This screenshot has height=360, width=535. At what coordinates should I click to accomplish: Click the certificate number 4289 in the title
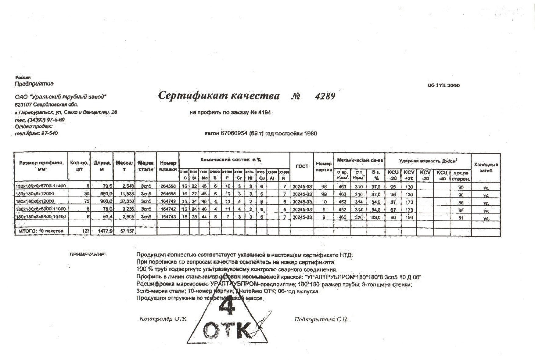tap(325, 96)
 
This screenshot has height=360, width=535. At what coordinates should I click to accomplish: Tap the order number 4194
tap(264, 113)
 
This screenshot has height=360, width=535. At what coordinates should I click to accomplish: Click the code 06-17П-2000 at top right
tap(443, 85)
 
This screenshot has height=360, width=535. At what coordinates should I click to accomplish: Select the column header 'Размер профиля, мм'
tap(41, 166)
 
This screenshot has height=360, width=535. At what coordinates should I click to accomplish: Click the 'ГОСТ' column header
tap(302, 167)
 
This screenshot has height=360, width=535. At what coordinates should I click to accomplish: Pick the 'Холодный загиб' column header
tap(486, 167)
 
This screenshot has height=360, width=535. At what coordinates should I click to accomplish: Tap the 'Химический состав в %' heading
tap(231, 160)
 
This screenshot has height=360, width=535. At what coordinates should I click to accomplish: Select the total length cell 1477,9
tap(105, 231)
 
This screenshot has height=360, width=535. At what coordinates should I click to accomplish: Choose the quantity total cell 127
tap(85, 231)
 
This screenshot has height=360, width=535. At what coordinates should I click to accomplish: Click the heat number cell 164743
tap(168, 217)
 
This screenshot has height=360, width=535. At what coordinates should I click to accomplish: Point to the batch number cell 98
tap(324, 186)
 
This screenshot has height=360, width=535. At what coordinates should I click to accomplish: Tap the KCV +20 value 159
tap(409, 218)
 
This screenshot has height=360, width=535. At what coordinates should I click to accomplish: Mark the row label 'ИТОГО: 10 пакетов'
tap(41, 231)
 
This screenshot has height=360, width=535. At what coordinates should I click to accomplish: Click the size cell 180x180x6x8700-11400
tap(41, 186)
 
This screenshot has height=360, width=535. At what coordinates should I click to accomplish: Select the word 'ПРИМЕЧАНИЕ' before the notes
tap(87, 255)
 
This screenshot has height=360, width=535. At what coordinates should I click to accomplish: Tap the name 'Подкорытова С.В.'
tap(321, 319)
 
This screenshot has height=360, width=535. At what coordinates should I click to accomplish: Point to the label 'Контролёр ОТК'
tap(163, 319)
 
